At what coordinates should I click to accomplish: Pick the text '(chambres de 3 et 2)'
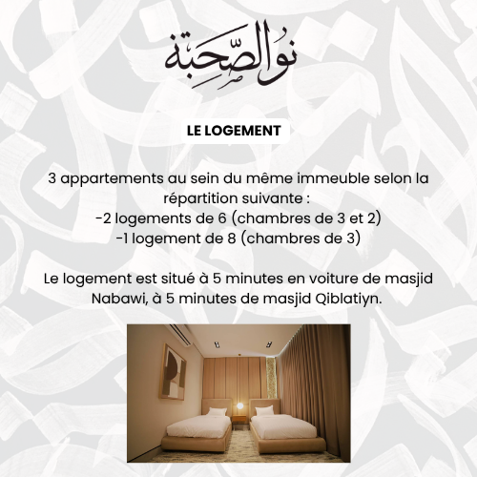(310, 218)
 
